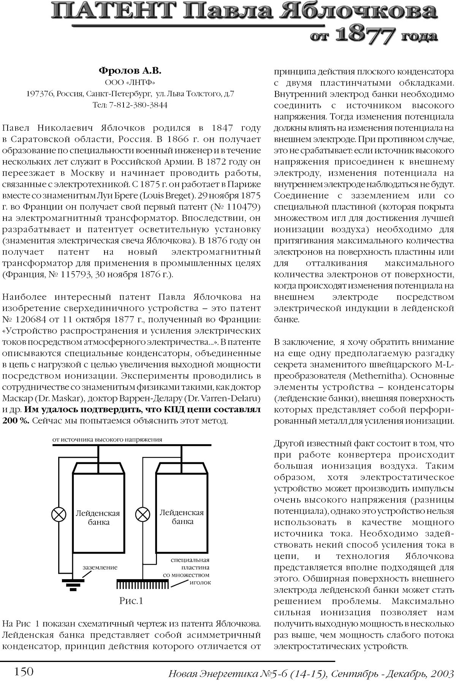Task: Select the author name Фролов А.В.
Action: coord(130,71)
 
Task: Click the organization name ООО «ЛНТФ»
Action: coord(130,82)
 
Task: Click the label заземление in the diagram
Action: coord(100,567)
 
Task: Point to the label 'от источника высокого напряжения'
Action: coord(107,440)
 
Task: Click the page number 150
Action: coord(24,671)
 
